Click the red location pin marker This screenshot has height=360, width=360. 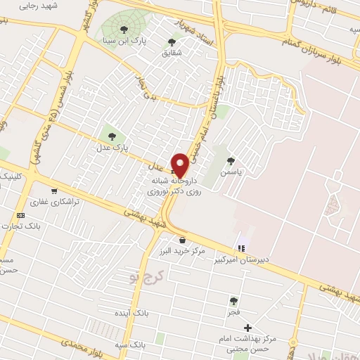click(181, 165)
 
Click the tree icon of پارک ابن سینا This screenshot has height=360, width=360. click(124, 30)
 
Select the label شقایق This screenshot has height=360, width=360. click(172, 53)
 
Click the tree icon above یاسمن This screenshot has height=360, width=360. click(231, 160)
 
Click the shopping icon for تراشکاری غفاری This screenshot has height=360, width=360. click(53, 191)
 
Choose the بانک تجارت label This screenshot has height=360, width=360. click(42, 226)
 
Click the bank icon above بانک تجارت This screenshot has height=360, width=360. click(21, 214)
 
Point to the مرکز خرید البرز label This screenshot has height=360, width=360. click(181, 251)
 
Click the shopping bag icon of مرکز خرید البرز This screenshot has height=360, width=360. click(181, 239)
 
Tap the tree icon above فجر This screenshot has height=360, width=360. click(233, 300)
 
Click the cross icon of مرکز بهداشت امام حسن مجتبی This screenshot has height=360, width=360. click(247, 328)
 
